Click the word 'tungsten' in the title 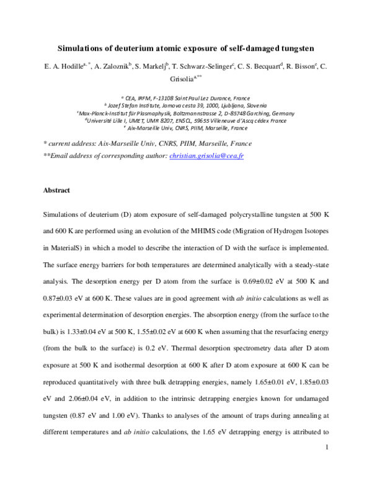(297, 47)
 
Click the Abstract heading (56, 190)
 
